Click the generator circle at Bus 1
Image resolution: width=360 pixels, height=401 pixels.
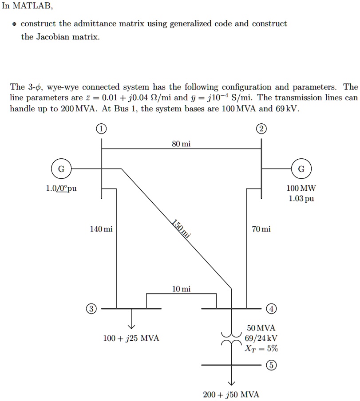click(x=61, y=169)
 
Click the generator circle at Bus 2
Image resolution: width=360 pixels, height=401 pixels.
click(x=301, y=169)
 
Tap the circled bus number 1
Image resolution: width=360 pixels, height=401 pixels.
click(x=101, y=130)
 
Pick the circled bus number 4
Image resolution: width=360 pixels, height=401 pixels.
click(x=272, y=308)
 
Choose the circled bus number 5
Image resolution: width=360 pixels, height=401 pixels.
click(x=272, y=365)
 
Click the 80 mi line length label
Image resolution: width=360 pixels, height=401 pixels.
click(x=181, y=144)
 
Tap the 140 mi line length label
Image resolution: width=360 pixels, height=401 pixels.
click(x=101, y=229)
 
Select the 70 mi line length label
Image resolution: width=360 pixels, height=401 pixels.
click(x=261, y=229)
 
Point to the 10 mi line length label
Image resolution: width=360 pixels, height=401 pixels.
click(x=182, y=289)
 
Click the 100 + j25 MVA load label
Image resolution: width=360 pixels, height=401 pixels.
click(x=131, y=338)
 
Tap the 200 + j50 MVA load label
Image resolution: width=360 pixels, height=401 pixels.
click(x=231, y=394)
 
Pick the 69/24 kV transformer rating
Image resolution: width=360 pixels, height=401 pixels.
click(x=261, y=338)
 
